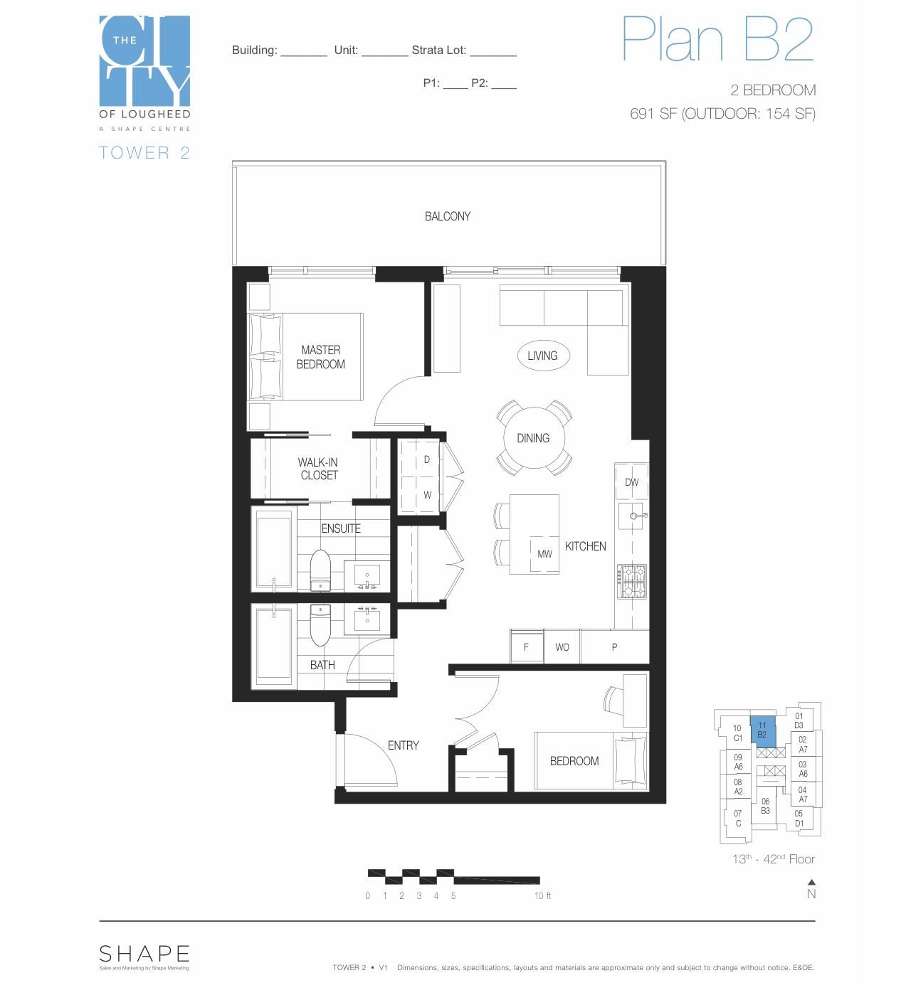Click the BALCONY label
pyautogui.click(x=447, y=216)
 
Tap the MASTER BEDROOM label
pyautogui.click(x=320, y=357)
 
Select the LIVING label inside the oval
pyautogui.click(x=542, y=356)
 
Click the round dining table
pyautogui.click(x=533, y=438)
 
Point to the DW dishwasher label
pyautogui.click(x=631, y=482)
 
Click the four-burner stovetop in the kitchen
pyautogui.click(x=631, y=581)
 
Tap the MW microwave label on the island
pyautogui.click(x=544, y=554)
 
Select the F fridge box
pyautogui.click(x=526, y=647)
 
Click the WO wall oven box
pyautogui.click(x=562, y=647)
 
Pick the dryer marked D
pyautogui.click(x=426, y=459)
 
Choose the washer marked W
pyautogui.click(x=427, y=495)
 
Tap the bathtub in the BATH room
pyautogui.click(x=273, y=644)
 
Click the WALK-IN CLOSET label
pyautogui.click(x=318, y=469)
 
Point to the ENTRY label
pyautogui.click(x=403, y=745)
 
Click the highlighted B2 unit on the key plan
pyautogui.click(x=762, y=730)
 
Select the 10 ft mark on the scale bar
pyautogui.click(x=542, y=896)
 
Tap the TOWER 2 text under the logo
pyautogui.click(x=144, y=153)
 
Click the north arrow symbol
pyautogui.click(x=811, y=883)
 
